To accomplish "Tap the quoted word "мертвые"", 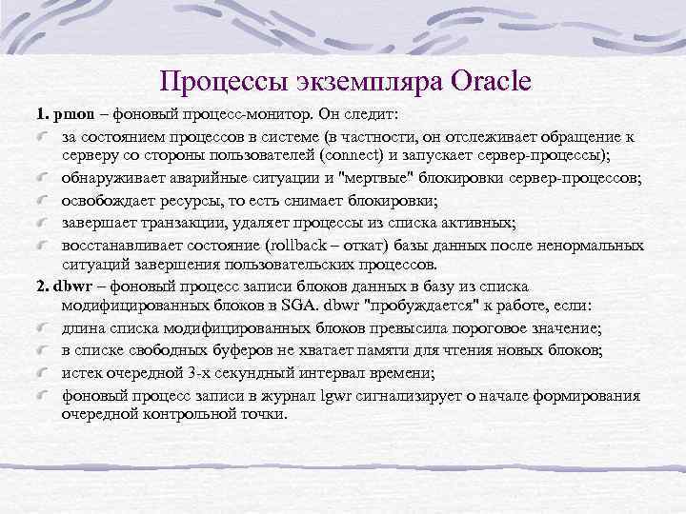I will coord(381,178).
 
